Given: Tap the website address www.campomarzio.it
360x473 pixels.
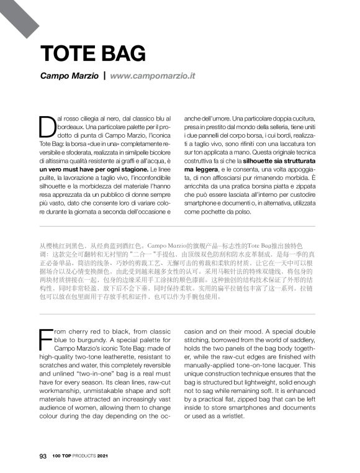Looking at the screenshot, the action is pos(152,76).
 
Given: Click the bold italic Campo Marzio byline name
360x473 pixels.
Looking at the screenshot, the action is pos(68,76).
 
